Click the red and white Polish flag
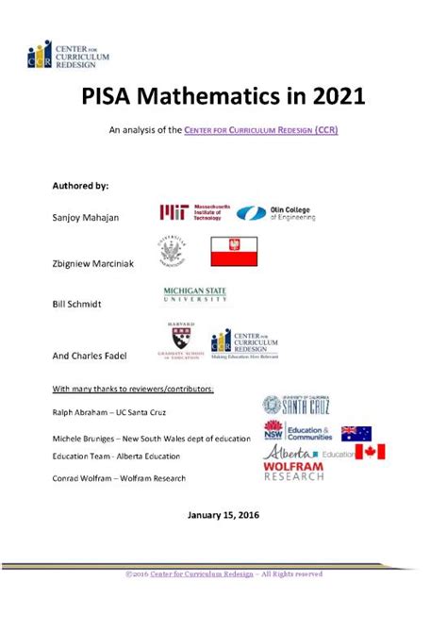233,252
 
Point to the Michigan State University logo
195,295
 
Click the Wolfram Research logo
293,472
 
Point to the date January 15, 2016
223,515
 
